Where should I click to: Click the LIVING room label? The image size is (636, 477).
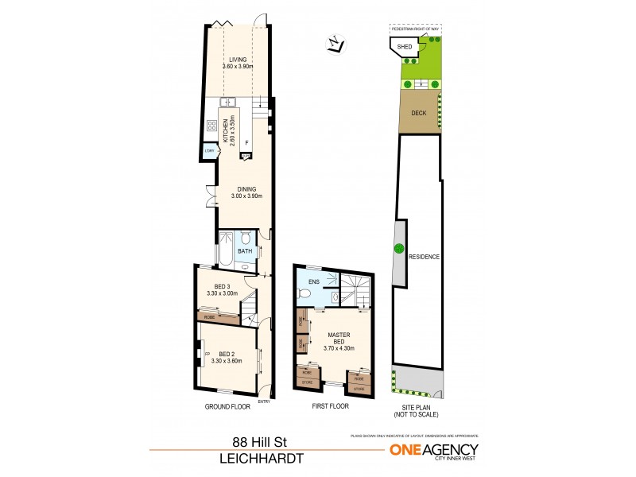point(238,60)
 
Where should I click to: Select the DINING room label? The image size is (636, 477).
point(245,188)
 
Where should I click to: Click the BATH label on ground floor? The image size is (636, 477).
point(246,252)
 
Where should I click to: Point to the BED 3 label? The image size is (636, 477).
point(222,287)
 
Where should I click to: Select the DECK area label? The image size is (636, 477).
point(419,113)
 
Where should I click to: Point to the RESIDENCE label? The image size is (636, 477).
point(424,257)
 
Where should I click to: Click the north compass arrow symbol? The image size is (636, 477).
point(335,45)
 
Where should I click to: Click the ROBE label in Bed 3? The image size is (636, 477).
point(209,317)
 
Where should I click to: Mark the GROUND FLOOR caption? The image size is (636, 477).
point(227,406)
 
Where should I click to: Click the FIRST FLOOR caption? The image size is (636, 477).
point(332,406)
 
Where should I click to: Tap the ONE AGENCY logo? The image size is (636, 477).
point(433,450)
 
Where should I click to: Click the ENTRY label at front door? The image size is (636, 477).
point(264,401)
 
